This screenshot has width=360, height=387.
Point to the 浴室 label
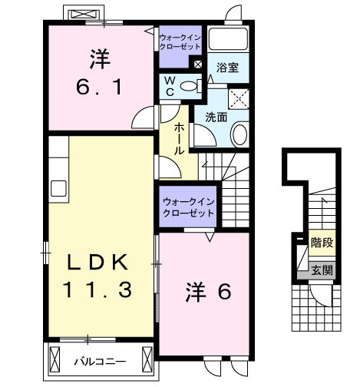[x=228, y=68]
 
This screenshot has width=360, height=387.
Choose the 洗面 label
[x=216, y=117]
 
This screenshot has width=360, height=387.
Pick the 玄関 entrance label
[x=322, y=270]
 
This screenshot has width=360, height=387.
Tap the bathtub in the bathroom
[x=228, y=41]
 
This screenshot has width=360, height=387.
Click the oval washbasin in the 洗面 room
[x=239, y=136]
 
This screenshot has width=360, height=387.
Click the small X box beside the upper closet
[x=198, y=64]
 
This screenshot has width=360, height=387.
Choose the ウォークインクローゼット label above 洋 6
[x=188, y=207]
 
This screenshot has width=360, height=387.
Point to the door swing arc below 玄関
[x=330, y=296]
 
